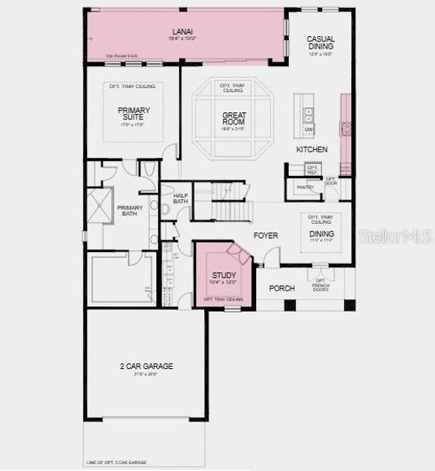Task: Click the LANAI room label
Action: [x=184, y=32]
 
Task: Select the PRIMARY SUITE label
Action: [x=134, y=115]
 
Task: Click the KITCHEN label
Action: [x=312, y=149]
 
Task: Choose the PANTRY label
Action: [x=306, y=187]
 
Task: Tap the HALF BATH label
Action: [x=181, y=199]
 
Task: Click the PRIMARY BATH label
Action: [x=130, y=212]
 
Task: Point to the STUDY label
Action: [x=224, y=276]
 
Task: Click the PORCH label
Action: [x=282, y=288]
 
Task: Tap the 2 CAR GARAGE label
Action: [x=146, y=367]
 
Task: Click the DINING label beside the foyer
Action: [x=321, y=234]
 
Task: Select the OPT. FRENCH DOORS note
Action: [x=320, y=284]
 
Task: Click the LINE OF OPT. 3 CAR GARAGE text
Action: [x=116, y=462]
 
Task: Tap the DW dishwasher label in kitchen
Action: [x=309, y=129]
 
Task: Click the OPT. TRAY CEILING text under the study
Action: [x=224, y=300]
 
